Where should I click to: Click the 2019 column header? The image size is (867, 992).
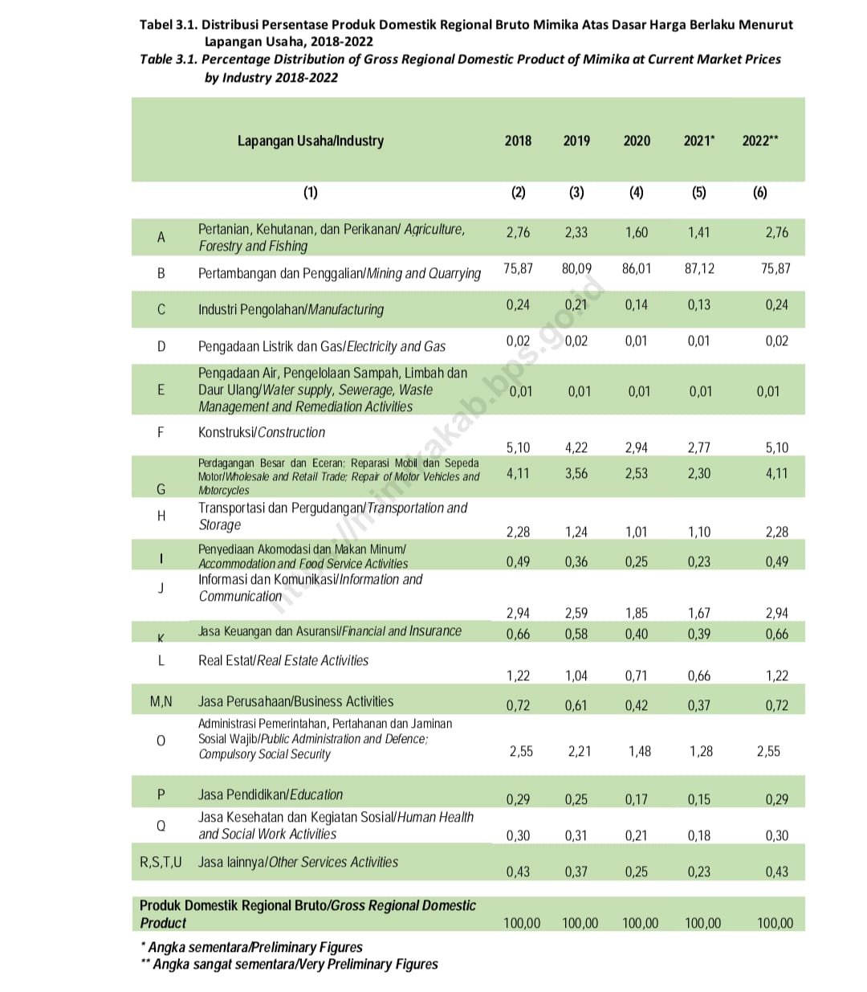pyautogui.click(x=576, y=141)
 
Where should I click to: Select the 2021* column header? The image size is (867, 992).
pyautogui.click(x=698, y=141)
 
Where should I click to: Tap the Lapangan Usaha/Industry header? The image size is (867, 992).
pyautogui.click(x=311, y=141)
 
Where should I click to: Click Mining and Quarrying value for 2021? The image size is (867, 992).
pyautogui.click(x=699, y=268)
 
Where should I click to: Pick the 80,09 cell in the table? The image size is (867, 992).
pyautogui.click(x=576, y=268)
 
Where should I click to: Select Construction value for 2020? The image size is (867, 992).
pyautogui.click(x=637, y=447)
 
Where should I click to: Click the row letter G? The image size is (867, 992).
pyautogui.click(x=161, y=488)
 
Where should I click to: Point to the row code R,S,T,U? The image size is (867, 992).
pyautogui.click(x=161, y=862)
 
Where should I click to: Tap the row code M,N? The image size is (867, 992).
pyautogui.click(x=161, y=701)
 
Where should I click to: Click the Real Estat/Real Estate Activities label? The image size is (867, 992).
pyautogui.click(x=283, y=660)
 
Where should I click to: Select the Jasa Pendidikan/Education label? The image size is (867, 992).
pyautogui.click(x=271, y=794)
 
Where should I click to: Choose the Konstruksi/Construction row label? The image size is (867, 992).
pyautogui.click(x=262, y=432)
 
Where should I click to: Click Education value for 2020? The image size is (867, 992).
pyautogui.click(x=637, y=799)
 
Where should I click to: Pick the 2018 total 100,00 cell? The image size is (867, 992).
pyautogui.click(x=522, y=923)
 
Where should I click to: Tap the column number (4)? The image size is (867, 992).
pyautogui.click(x=637, y=192)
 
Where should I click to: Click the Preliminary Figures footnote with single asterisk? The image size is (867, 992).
pyautogui.click(x=251, y=947)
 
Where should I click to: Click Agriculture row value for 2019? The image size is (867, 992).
pyautogui.click(x=576, y=232)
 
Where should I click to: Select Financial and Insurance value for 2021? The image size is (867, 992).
pyautogui.click(x=699, y=634)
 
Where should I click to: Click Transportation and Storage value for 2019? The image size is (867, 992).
pyautogui.click(x=576, y=532)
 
